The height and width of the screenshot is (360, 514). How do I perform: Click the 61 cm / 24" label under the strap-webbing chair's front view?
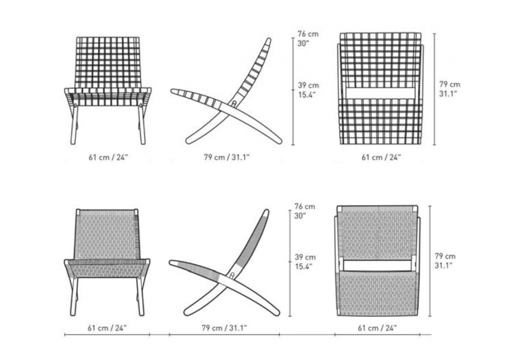coord(108,157)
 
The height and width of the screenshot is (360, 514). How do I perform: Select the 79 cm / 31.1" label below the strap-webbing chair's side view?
coord(227,157)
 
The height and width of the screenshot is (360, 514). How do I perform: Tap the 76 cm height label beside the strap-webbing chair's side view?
coord(308,34)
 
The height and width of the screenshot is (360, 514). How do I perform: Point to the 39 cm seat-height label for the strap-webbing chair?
coord(308,85)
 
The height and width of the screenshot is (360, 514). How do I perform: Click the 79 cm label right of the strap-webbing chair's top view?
coord(449,84)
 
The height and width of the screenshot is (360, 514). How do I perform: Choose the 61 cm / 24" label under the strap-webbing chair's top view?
coord(381,157)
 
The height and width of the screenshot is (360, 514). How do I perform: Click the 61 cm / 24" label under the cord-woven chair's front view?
coord(107,328)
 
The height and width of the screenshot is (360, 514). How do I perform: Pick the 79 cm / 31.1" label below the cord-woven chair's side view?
coord(224,328)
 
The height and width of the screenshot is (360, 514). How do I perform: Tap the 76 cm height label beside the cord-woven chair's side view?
coord(304,207)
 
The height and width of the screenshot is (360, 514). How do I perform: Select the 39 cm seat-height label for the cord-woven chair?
coord(305,257)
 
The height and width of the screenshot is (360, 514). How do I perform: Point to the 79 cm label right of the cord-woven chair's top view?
coord(445,256)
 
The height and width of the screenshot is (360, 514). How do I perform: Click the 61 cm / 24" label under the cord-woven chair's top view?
coord(377,328)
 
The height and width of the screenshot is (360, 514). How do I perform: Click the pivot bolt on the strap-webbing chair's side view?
coord(234,103)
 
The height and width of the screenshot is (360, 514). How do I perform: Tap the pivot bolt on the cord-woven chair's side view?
coord(232,275)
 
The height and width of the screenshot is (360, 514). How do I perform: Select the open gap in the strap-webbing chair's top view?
coord(380,93)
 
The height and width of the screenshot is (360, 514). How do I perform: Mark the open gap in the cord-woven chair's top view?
coord(377,265)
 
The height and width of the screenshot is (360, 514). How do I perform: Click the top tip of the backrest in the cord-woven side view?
coord(266,210)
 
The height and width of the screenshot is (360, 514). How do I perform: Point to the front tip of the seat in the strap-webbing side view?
coord(172,91)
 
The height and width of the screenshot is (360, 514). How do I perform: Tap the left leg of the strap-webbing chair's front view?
coord(74,124)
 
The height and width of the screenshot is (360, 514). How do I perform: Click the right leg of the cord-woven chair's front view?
coord(141,296)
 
